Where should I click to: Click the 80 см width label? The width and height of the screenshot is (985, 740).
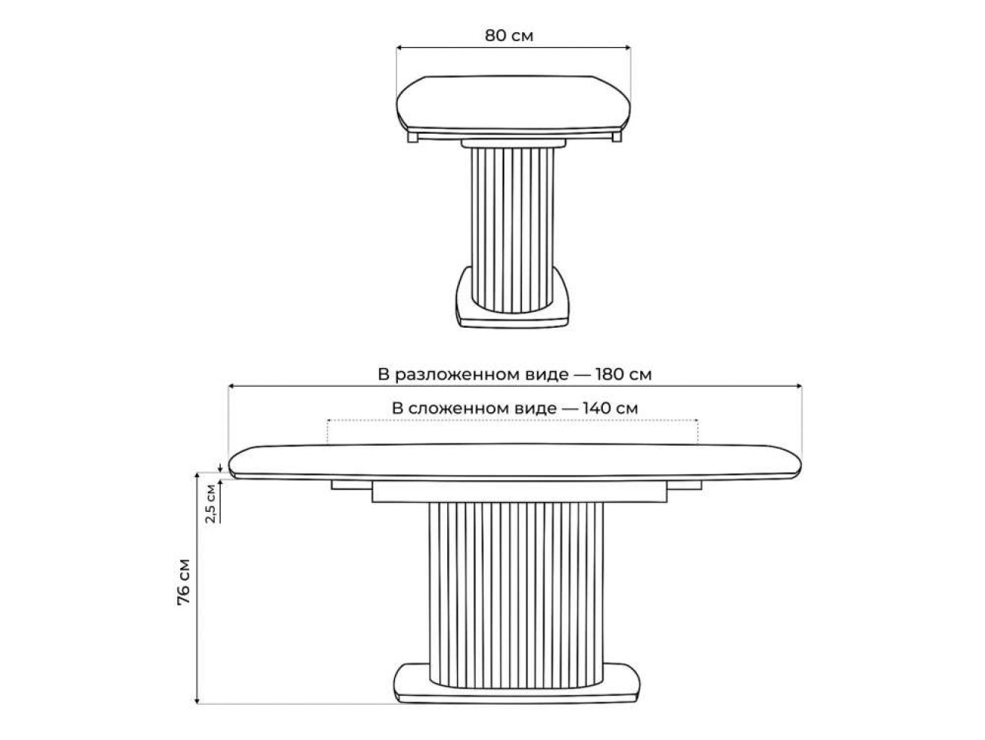[509, 35]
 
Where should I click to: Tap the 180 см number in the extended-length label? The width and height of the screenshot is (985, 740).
[623, 374]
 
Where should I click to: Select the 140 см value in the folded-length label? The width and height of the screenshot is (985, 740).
[610, 408]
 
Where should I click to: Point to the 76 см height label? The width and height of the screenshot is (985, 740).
[183, 582]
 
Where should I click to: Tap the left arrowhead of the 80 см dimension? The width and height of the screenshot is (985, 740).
[399, 48]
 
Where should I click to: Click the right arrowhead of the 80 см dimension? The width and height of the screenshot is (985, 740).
[628, 48]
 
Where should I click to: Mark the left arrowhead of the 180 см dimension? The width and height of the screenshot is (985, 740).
[232, 386]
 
